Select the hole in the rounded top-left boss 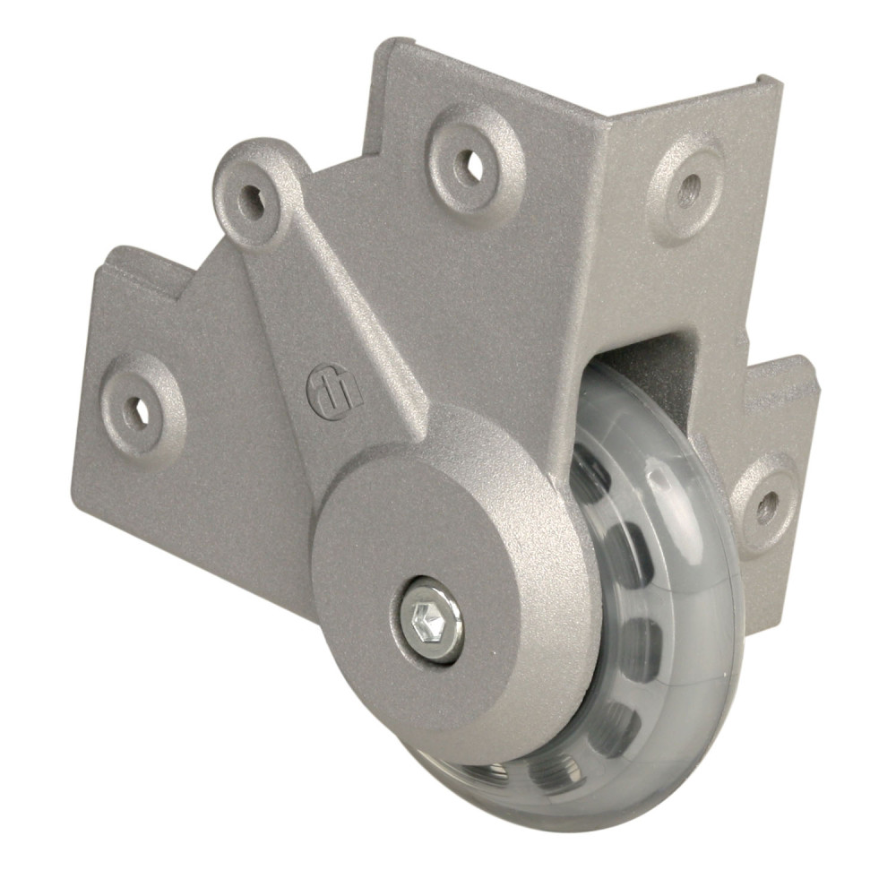tap(252, 198)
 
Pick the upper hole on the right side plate tap(687, 189)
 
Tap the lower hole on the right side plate tap(766, 507)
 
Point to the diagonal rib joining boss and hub tap(349, 305)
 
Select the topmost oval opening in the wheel tap(589, 479)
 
